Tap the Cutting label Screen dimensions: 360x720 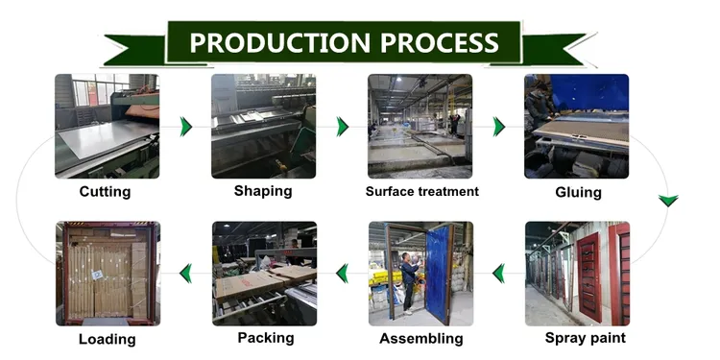105,191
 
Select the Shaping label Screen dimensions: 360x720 263,190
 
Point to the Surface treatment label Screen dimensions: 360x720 421,191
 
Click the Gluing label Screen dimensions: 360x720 578,192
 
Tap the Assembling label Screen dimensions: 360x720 420,338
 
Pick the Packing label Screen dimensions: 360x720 264,337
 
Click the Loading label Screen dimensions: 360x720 107,339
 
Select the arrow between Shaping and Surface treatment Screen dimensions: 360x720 342,127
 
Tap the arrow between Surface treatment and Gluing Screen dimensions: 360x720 498,127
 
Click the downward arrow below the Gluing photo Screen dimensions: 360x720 668,201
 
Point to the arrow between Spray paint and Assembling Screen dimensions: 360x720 498,275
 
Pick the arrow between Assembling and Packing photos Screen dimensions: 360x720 342,275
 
